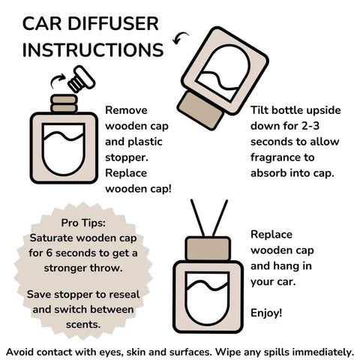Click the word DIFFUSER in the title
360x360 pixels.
[113, 24]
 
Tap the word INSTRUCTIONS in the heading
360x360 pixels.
[93, 49]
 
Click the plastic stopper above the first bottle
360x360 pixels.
[82, 79]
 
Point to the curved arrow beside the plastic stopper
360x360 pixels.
[57, 80]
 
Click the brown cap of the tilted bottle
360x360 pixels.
[200, 110]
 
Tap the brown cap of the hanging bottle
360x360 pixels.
[208, 249]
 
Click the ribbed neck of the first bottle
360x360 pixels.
[64, 103]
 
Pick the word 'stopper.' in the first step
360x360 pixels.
[127, 157]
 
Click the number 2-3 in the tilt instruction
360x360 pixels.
[310, 126]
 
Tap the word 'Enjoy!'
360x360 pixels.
[266, 313]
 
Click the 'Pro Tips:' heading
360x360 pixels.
[83, 223]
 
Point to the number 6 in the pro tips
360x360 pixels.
[49, 253]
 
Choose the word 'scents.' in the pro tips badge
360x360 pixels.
[83, 325]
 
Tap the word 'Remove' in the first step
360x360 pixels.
[126, 110]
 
